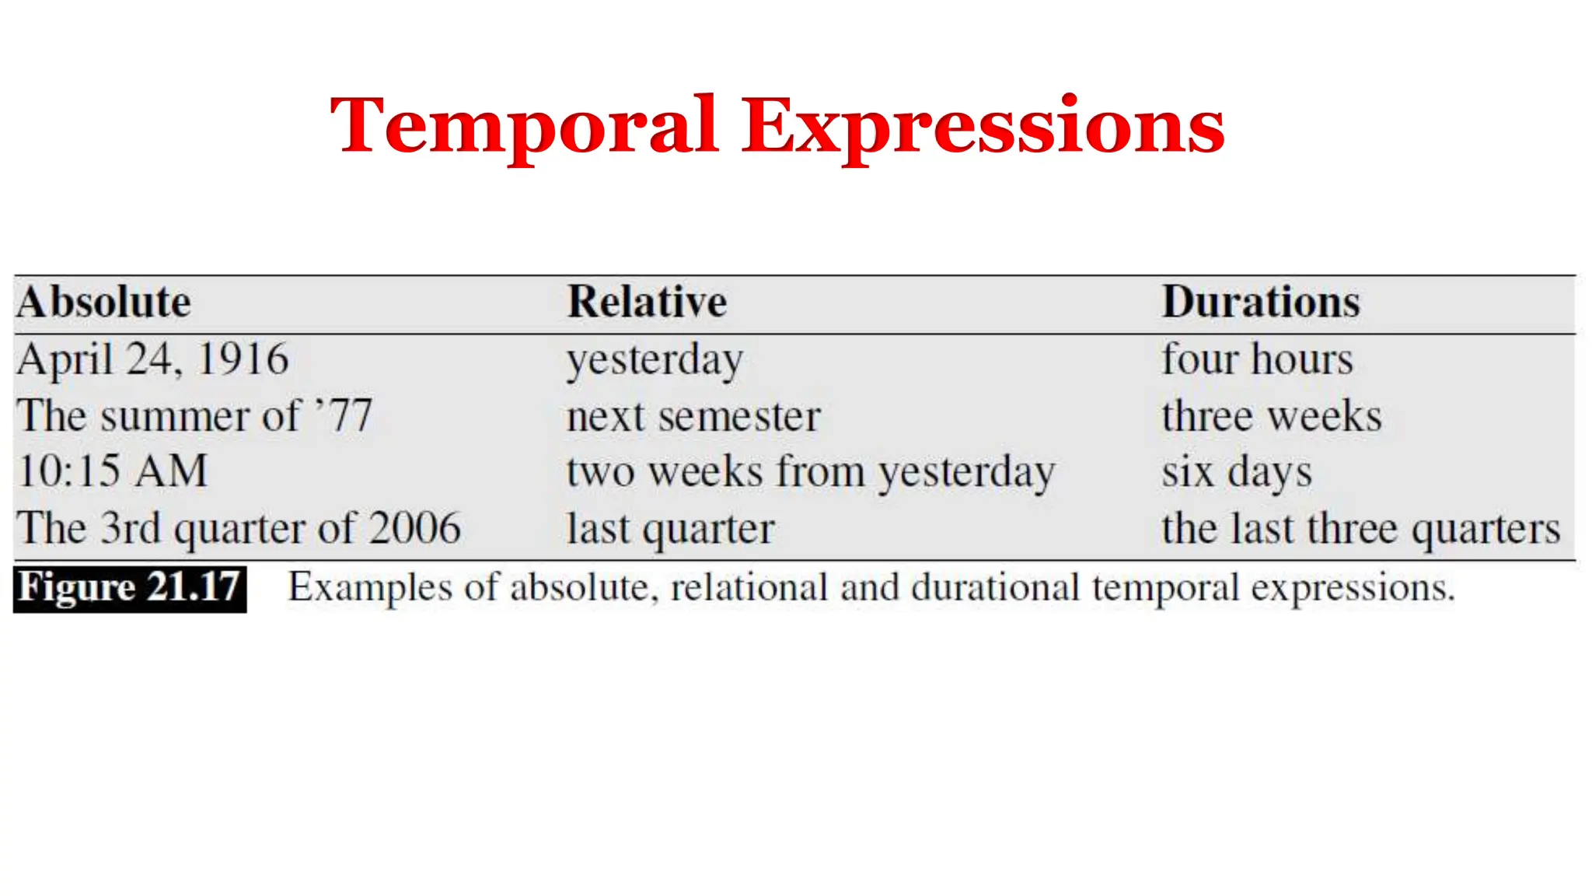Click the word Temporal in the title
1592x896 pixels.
(523, 126)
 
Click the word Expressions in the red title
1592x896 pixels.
(983, 126)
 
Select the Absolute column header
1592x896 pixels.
(103, 303)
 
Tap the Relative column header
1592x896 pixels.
(647, 303)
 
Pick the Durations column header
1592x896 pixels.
(1261, 303)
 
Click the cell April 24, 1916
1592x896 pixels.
(152, 360)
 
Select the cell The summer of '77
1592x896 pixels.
(194, 416)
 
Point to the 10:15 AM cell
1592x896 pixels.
(113, 472)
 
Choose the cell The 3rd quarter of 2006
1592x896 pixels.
(239, 529)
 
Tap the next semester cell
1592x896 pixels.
(693, 417)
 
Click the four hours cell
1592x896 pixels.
(1257, 360)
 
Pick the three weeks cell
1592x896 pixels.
(1272, 416)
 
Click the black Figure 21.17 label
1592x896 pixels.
(130, 589)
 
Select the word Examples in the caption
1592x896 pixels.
(370, 588)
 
